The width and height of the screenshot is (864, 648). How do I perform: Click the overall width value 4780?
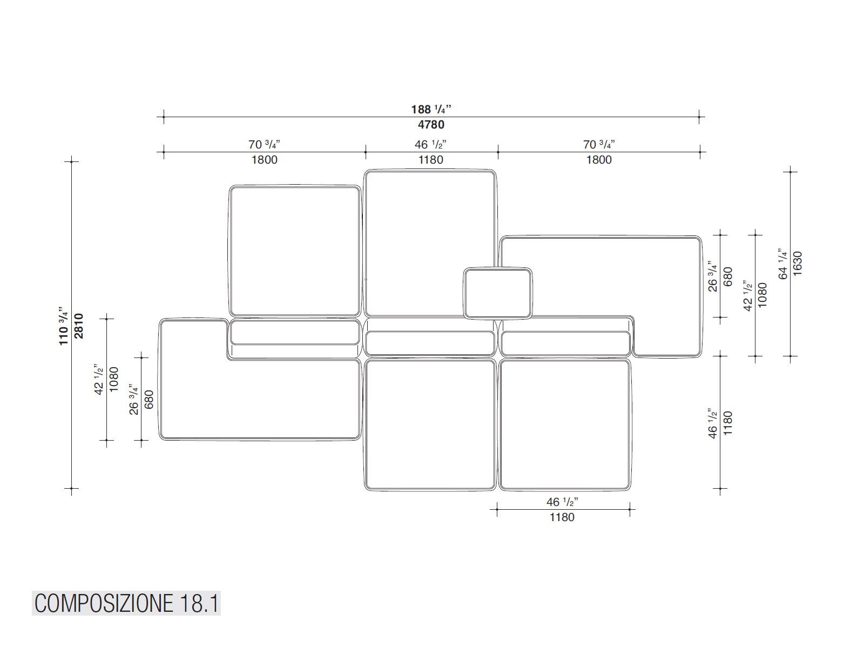(430, 125)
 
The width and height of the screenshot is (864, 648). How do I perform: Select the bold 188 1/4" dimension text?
(430, 109)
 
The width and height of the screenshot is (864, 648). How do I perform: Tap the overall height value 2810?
(79, 326)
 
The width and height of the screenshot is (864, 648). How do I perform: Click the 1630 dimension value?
(798, 264)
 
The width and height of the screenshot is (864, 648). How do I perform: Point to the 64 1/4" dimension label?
(783, 264)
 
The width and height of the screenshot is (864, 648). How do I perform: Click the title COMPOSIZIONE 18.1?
(126, 603)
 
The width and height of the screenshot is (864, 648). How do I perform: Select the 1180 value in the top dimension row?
(430, 160)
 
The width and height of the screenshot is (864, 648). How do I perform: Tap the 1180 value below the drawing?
(562, 517)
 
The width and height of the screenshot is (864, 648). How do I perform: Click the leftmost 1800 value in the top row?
(264, 160)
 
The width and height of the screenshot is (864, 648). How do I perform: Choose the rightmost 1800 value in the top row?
(599, 160)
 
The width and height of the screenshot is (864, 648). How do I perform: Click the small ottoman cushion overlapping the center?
(497, 293)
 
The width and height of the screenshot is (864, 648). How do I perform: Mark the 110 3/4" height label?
(64, 326)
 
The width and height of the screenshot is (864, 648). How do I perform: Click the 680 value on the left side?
(150, 400)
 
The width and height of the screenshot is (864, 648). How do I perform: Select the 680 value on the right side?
(727, 276)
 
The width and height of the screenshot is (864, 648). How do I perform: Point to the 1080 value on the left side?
(114, 380)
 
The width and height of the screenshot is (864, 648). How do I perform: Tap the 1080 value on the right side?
(762, 295)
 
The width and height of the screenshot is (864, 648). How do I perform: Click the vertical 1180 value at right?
(727, 423)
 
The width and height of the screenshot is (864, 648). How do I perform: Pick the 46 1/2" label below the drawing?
(562, 502)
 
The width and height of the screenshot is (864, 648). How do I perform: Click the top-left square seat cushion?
(295, 251)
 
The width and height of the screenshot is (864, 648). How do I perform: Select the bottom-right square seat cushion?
(564, 425)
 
